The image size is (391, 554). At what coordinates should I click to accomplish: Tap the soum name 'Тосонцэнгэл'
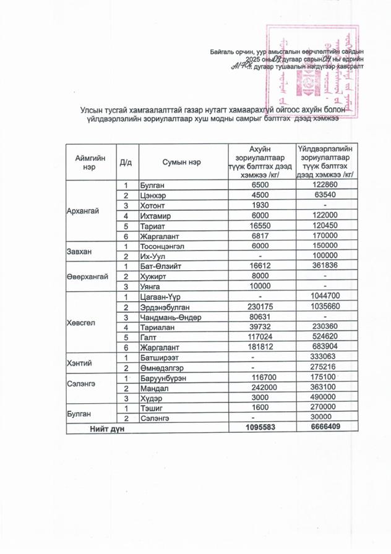pos(164,244)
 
